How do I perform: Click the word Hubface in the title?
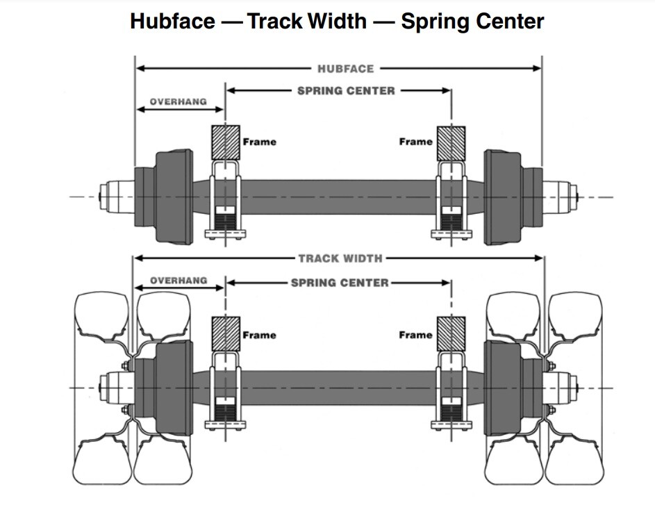click(172, 21)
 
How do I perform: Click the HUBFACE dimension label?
click(345, 69)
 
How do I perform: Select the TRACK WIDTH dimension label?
click(340, 258)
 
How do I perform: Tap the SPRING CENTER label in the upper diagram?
click(346, 90)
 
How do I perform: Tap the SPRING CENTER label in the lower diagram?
click(340, 283)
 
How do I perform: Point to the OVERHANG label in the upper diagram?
click(178, 101)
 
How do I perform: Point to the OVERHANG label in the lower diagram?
click(178, 280)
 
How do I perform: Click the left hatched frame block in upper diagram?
click(226, 142)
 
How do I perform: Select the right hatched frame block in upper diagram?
click(450, 142)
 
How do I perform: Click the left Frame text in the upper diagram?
click(259, 142)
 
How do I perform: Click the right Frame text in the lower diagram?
click(415, 335)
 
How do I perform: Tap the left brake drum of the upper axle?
click(172, 197)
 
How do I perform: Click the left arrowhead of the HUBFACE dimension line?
click(140, 69)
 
